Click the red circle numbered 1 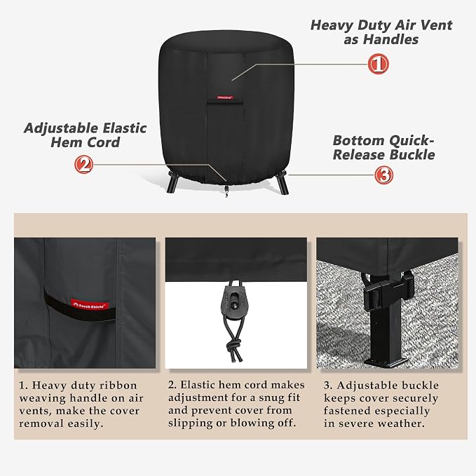tap(378, 64)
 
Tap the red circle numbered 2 tap(84, 164)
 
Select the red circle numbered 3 tap(383, 175)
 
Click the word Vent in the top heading tap(435, 25)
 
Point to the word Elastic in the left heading tap(125, 128)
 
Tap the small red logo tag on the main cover tap(225, 97)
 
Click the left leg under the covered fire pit tap(172, 182)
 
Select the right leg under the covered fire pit tap(282, 182)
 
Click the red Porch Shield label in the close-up tap(90, 305)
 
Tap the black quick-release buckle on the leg tap(388, 290)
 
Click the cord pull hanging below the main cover tap(226, 191)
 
